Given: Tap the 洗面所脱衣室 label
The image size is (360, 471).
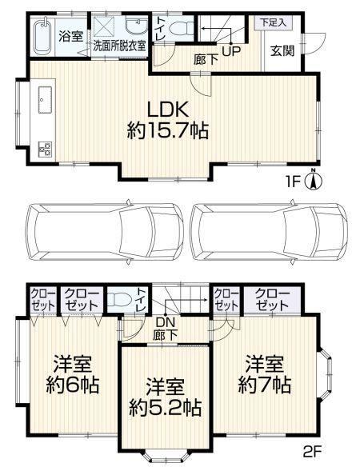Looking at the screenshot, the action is point(119,46).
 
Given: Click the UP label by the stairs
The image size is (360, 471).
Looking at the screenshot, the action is point(231,51).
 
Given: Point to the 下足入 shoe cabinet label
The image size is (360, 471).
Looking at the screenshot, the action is point(273,22).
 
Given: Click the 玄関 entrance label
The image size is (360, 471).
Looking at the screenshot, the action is point(282,50).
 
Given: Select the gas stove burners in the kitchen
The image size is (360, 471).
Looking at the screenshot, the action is point(46,150).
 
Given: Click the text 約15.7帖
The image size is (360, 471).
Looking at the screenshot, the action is point(167,131).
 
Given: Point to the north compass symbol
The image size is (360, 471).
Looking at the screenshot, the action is point(314,180).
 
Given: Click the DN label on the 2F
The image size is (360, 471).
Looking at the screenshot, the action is point(165,323).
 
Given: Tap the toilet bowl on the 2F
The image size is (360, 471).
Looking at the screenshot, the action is point(119,300).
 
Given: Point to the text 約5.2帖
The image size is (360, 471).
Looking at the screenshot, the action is point(165,408).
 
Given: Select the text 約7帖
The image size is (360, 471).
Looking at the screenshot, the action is point(265,385).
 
